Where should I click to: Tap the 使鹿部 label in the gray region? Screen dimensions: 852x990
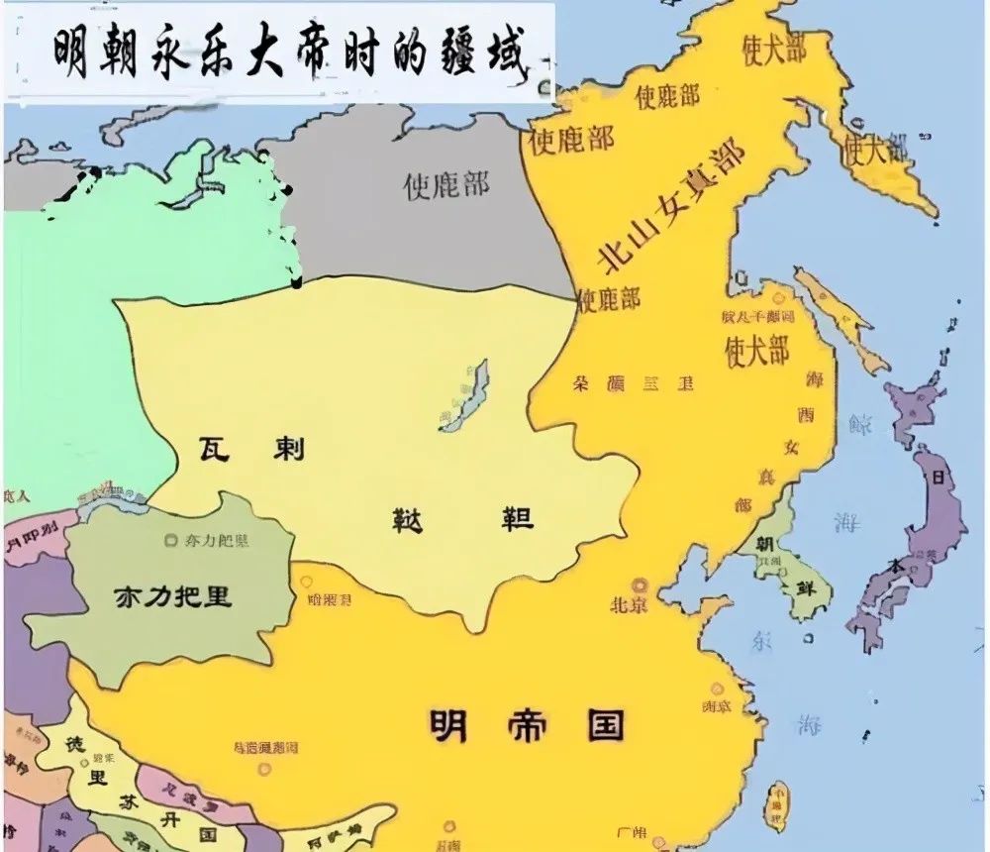click(446, 184)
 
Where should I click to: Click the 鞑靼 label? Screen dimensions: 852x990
click(460, 518)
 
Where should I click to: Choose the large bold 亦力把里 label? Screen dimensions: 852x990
click(172, 596)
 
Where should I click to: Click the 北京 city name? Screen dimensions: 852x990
click(629, 603)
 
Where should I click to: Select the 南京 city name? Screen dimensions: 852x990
click(716, 706)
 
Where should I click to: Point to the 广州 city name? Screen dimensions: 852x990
click(631, 830)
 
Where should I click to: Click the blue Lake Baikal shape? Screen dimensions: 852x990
click(465, 394)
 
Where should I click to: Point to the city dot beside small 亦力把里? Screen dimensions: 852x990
click(165, 541)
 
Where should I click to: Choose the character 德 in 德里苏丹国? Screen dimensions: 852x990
click(72, 742)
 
